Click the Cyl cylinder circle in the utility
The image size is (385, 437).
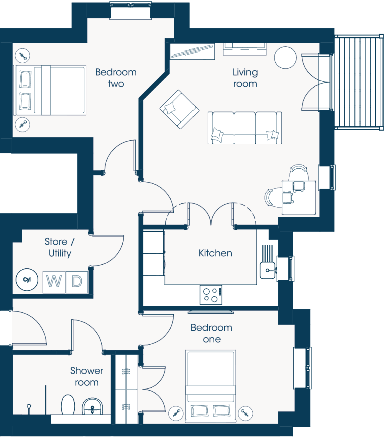pyautogui.click(x=27, y=279)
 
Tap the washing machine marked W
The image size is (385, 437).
pyautogui.click(x=54, y=282)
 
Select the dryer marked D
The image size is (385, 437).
pyautogui.click(x=77, y=282)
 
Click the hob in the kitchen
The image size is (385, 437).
pyautogui.click(x=211, y=295)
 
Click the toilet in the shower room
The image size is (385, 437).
pyautogui.click(x=68, y=404)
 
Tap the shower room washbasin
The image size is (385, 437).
pyautogui.click(x=93, y=406)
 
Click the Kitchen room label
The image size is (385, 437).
pyautogui.click(x=215, y=253)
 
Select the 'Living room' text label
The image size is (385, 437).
pyautogui.click(x=245, y=78)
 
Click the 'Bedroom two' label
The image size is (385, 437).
pyautogui.click(x=116, y=78)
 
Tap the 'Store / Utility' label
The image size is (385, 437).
pyautogui.click(x=60, y=247)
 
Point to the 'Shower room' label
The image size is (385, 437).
pyautogui.click(x=87, y=376)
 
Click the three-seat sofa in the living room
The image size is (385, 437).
pyautogui.click(x=245, y=128)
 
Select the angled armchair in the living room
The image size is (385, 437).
pyautogui.click(x=179, y=109)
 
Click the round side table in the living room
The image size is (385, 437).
pyautogui.click(x=285, y=57)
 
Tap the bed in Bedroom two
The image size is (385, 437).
pyautogui.click(x=50, y=90)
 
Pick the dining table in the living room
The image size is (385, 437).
pyautogui.click(x=299, y=197)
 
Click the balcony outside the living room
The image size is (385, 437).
pyautogui.click(x=359, y=82)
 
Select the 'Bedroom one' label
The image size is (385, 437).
pyautogui.click(x=212, y=333)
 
